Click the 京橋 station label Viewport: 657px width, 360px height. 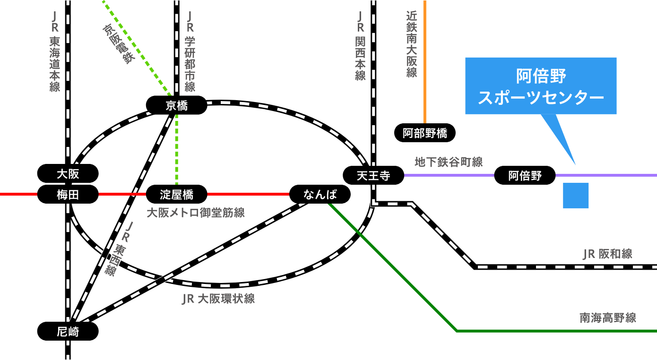(177, 105)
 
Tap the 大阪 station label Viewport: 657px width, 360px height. (68, 173)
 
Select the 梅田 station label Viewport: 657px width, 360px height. (68, 194)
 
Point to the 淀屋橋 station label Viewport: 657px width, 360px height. (177, 194)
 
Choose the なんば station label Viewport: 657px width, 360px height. (320, 194)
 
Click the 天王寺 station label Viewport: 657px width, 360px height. (373, 175)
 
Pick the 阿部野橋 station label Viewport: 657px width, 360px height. (425, 133)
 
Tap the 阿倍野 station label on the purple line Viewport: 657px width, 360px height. (525, 175)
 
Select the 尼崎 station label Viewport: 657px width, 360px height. (68, 331)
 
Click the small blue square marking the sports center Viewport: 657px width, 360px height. (575, 196)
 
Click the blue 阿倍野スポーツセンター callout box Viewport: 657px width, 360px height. (541, 86)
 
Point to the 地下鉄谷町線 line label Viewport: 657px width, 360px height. (449, 162)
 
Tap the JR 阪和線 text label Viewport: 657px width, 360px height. (607, 254)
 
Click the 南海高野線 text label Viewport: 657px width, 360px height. (608, 318)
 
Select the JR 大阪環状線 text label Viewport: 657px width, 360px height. (218, 299)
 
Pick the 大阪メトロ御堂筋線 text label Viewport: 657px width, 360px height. (196, 213)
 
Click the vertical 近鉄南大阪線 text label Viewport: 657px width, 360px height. (412, 44)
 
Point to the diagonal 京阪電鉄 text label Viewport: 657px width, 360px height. (119, 44)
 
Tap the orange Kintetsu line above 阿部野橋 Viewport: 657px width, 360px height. (425, 62)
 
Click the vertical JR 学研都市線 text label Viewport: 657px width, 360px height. (190, 51)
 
